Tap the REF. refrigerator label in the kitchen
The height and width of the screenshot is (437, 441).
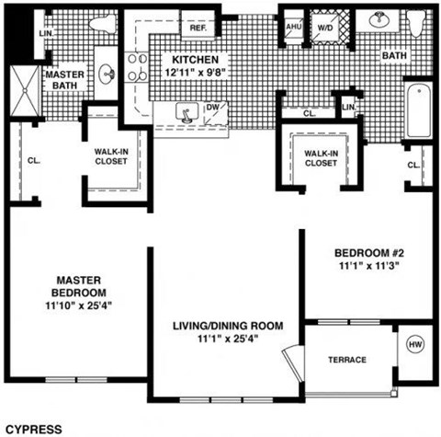(197, 28)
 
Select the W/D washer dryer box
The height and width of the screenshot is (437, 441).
(325, 27)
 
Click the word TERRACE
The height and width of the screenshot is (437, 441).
(346, 360)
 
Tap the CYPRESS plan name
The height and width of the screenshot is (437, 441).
(33, 428)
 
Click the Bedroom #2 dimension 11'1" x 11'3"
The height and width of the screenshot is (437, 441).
(365, 266)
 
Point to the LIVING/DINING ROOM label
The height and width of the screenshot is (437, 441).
(227, 326)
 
